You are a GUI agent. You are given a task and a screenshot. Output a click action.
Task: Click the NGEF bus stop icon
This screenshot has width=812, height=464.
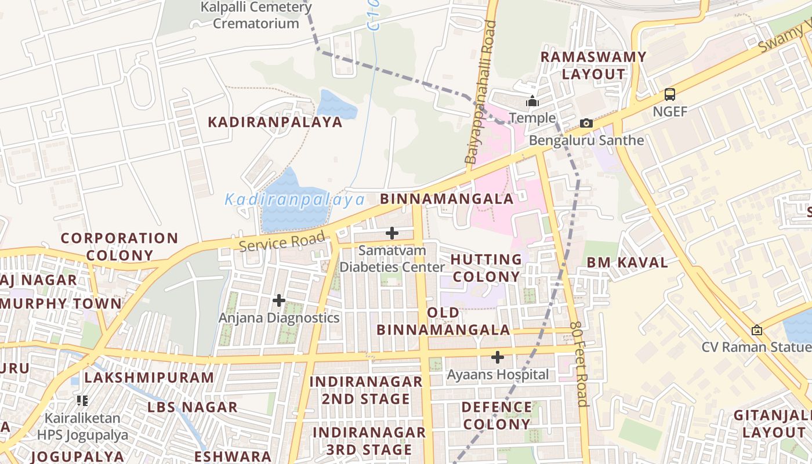(x=669, y=94)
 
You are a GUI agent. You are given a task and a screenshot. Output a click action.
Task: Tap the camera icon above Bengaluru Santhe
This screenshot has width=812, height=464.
(x=586, y=123)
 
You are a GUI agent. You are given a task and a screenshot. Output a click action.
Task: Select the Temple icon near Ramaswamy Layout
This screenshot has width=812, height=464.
(x=532, y=101)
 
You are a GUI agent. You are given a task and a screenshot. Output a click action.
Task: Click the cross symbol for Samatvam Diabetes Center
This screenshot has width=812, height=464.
(x=392, y=233)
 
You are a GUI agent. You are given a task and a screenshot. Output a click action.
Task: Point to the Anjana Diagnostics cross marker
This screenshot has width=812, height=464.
(x=279, y=300)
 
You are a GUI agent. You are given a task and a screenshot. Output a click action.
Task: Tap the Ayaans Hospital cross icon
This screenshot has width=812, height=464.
(x=497, y=357)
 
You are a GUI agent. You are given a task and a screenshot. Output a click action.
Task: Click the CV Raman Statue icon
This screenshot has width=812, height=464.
(x=756, y=330)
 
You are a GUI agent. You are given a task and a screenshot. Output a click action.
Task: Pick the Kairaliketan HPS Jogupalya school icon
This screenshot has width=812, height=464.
(x=82, y=400)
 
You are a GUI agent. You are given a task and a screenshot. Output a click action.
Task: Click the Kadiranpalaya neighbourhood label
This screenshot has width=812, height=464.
(x=275, y=122)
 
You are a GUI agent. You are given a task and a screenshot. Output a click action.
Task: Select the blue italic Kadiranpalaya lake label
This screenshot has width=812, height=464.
(x=295, y=200)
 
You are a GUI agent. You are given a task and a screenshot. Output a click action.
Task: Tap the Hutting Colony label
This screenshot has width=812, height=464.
(x=486, y=267)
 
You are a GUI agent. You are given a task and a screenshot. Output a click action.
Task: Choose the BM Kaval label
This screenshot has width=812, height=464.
(x=627, y=262)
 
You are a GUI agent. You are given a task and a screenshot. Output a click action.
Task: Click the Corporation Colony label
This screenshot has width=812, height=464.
(x=119, y=246)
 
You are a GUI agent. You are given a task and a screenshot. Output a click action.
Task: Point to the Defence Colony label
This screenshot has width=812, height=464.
(x=496, y=415)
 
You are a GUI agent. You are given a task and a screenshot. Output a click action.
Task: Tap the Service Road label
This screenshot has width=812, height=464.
(x=282, y=241)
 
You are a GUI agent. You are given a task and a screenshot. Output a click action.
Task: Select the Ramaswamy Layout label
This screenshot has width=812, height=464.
(x=593, y=65)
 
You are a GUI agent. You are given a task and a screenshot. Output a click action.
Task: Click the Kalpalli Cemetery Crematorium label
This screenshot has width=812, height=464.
(x=256, y=15)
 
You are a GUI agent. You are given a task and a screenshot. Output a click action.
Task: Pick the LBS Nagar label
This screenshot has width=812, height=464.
(x=192, y=407)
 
